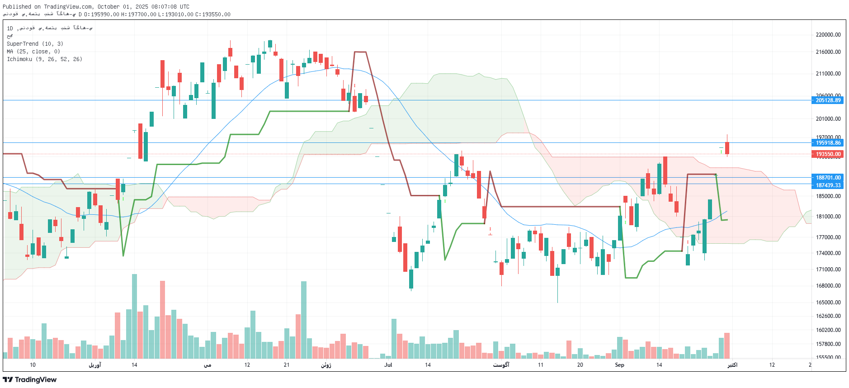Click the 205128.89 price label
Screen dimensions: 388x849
click(x=828, y=100)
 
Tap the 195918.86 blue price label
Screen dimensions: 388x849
click(x=828, y=143)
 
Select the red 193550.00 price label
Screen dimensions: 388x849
click(x=828, y=154)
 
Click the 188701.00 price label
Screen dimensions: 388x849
click(x=828, y=178)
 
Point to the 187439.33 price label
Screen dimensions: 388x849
click(x=828, y=185)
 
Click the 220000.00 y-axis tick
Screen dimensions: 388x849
click(x=828, y=35)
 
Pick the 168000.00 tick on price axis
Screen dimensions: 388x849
click(x=828, y=286)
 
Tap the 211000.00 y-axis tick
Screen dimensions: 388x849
click(x=828, y=74)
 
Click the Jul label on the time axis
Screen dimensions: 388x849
click(x=388, y=365)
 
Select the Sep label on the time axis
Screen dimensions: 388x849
click(x=619, y=365)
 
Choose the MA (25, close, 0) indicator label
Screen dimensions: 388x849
click(x=33, y=52)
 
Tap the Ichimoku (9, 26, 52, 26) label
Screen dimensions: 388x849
click(x=44, y=59)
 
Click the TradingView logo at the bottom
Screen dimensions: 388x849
click(x=30, y=380)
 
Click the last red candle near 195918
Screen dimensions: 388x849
click(x=727, y=148)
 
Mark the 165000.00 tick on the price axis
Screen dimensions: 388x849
click(x=828, y=303)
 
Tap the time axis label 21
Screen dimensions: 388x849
click(x=287, y=365)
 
